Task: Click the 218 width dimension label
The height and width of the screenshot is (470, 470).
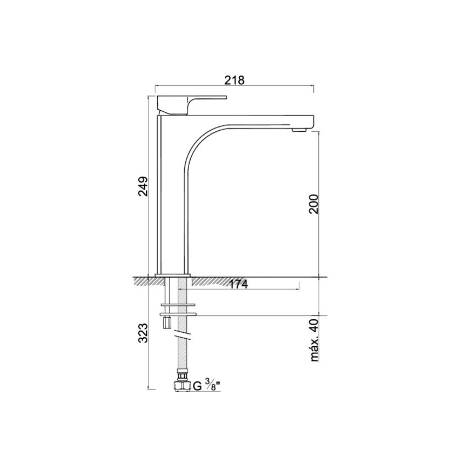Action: [234, 80]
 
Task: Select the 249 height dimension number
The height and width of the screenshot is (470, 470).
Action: [143, 186]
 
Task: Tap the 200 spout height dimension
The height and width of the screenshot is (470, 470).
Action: [314, 204]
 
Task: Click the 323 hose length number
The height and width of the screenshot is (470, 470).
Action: [143, 333]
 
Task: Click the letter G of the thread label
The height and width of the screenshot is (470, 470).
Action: [197, 386]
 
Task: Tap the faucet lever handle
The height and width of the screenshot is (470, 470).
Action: [192, 105]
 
